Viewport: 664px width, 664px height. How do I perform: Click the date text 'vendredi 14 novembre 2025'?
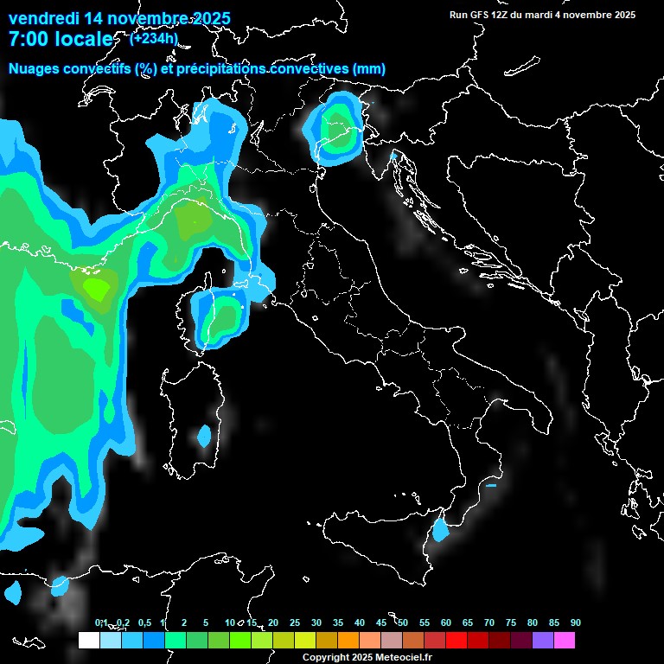click(x=119, y=16)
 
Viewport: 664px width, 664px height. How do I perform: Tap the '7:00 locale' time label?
click(x=60, y=39)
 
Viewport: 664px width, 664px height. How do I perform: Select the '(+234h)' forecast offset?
click(x=153, y=37)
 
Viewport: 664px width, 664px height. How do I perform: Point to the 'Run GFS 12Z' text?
click(x=480, y=15)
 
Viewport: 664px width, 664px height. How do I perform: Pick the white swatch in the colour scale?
click(x=88, y=641)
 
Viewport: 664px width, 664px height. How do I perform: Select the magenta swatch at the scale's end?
click(x=565, y=641)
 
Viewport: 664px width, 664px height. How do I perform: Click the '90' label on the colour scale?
click(x=576, y=622)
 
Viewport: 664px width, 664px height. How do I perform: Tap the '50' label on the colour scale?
click(x=403, y=622)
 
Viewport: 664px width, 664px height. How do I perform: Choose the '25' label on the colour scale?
click(x=294, y=622)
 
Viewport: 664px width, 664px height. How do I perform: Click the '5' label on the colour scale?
click(x=206, y=622)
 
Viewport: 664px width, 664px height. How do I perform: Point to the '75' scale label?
click(x=511, y=622)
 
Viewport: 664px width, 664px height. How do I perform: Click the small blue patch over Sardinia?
click(x=204, y=436)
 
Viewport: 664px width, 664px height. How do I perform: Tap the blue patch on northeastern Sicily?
click(x=441, y=528)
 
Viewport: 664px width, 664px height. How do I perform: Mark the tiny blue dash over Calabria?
click(x=491, y=485)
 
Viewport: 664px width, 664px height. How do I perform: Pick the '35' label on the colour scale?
click(x=337, y=622)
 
